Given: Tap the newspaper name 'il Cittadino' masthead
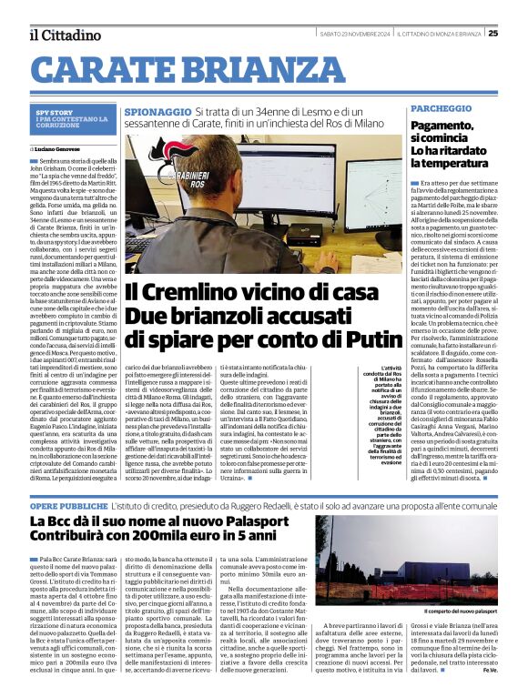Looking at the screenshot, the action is (65, 35).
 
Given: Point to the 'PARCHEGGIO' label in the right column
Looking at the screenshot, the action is (442, 107).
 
